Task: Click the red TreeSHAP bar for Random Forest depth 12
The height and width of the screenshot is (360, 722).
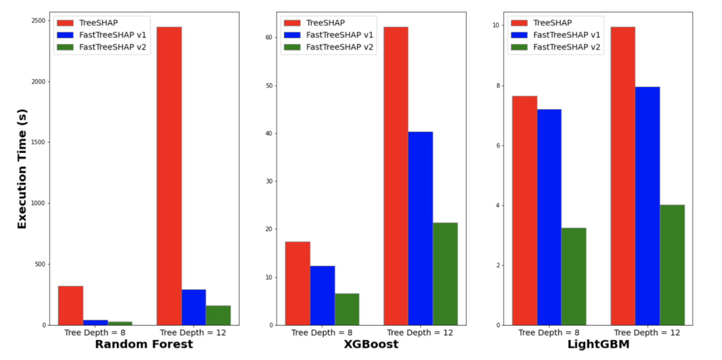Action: coord(169,175)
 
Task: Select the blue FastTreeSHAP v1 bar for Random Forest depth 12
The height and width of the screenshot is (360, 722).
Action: coord(193,307)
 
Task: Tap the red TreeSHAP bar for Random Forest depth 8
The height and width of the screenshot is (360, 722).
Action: coord(71,305)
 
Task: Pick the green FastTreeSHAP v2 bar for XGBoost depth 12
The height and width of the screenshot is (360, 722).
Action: coord(445,273)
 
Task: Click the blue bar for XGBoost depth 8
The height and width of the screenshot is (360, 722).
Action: coord(322,295)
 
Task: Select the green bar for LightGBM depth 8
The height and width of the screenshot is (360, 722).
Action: coord(573,276)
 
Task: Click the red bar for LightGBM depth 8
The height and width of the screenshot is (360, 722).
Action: coord(524,210)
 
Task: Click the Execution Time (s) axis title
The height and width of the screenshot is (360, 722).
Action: coord(22,169)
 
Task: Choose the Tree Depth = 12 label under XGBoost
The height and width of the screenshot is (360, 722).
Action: coord(420,333)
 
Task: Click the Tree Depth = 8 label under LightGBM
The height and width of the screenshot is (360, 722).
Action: coord(549,333)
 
